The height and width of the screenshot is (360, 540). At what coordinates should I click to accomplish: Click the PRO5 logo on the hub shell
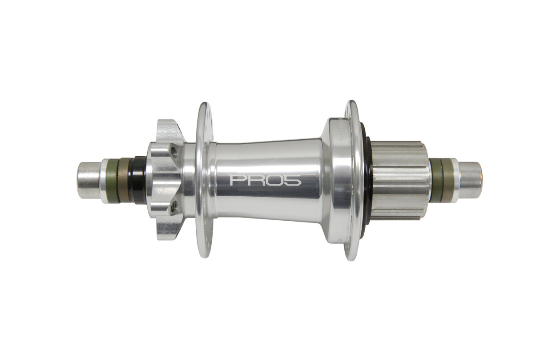coord(266,180)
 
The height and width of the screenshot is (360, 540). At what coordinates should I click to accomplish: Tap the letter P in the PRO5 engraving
coord(237,180)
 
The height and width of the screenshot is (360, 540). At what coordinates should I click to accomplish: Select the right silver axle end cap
coord(470,180)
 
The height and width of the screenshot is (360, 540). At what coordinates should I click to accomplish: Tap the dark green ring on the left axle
coord(113,181)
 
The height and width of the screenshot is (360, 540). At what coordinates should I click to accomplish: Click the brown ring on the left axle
coord(124,180)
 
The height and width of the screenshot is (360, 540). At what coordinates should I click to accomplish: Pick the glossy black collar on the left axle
coord(138,180)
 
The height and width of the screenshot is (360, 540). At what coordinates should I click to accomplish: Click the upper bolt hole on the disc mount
coord(174,152)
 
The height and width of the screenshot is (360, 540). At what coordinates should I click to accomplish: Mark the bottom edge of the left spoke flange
coord(204,255)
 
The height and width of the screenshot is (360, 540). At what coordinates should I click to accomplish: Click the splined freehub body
coord(399,180)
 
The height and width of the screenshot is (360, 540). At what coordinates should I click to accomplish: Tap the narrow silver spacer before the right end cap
coord(455,180)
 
